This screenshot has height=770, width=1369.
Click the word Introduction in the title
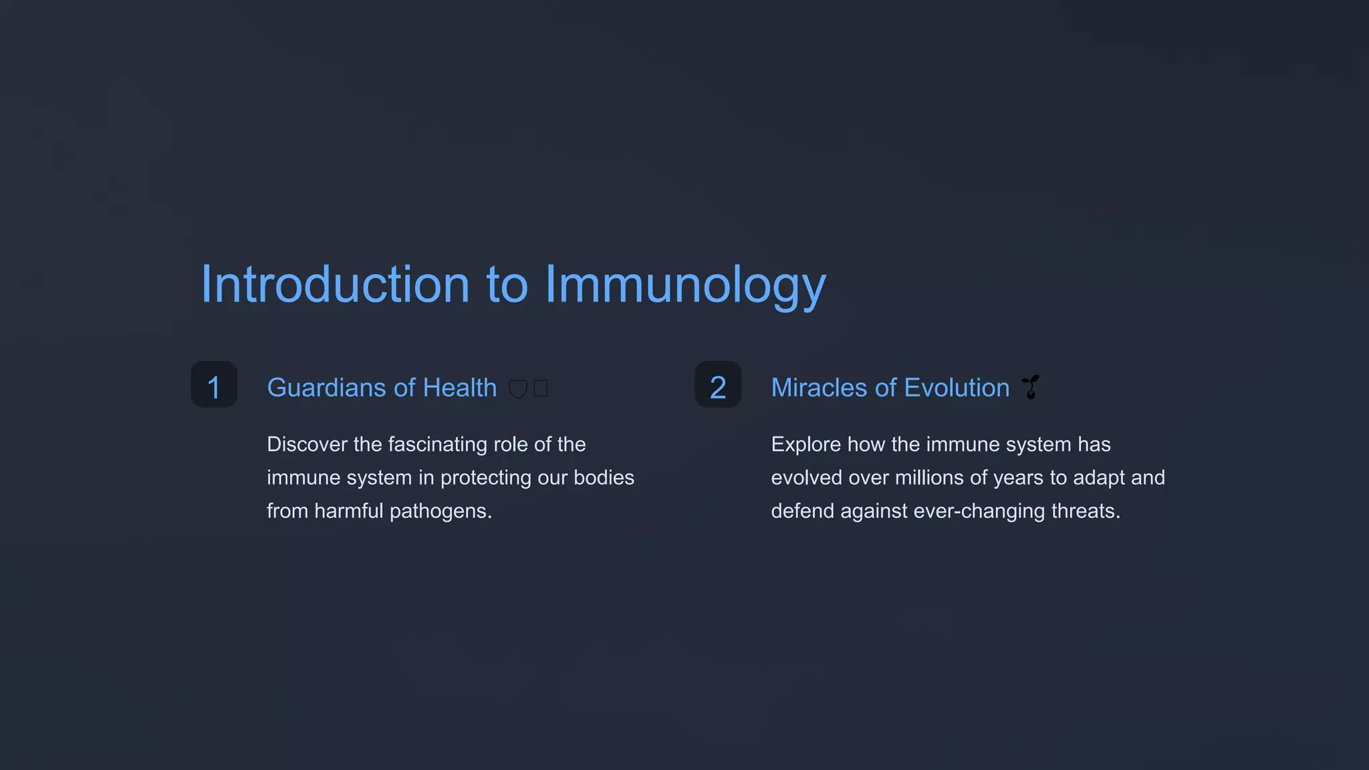point(335,285)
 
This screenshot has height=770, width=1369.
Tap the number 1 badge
point(214,385)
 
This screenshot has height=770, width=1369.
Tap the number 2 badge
point(718,385)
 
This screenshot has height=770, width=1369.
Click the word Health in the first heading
point(460,388)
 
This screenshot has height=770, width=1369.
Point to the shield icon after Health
point(518,388)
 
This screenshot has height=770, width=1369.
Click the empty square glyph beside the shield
point(541,388)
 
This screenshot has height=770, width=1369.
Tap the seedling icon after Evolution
point(1031,387)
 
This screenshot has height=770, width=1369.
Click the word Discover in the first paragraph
point(307,444)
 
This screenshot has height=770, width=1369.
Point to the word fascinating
point(437,444)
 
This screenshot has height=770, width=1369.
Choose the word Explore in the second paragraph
point(805,444)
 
